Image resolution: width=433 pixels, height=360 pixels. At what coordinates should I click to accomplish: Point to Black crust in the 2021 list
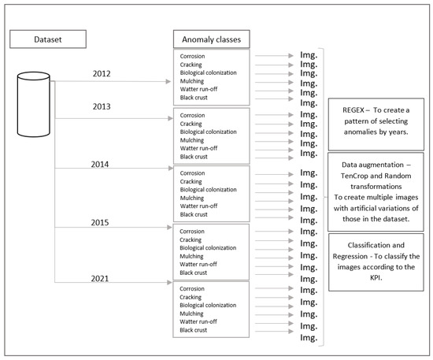click(196, 329)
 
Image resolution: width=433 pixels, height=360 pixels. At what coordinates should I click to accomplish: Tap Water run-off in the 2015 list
click(199, 264)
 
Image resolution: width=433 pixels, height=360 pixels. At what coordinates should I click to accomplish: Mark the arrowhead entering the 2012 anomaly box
click(169, 81)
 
